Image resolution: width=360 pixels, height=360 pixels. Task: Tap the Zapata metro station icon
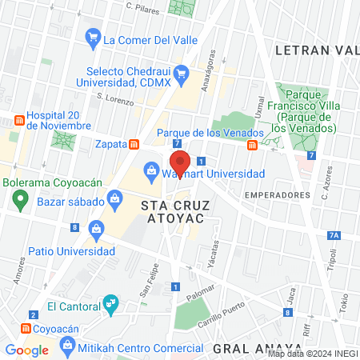point(134,144)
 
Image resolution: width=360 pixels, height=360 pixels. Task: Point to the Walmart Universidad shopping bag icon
point(150,170)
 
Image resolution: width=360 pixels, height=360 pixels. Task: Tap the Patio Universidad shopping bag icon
point(96,228)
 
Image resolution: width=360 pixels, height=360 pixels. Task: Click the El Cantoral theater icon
point(110,304)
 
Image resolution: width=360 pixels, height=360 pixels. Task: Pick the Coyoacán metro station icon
point(26,328)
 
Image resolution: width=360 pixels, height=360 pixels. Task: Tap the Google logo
point(27,350)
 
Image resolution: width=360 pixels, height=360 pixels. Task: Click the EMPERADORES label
point(277,194)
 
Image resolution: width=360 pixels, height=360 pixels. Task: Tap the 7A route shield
point(334,235)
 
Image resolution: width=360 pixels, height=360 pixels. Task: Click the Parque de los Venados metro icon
point(252,144)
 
